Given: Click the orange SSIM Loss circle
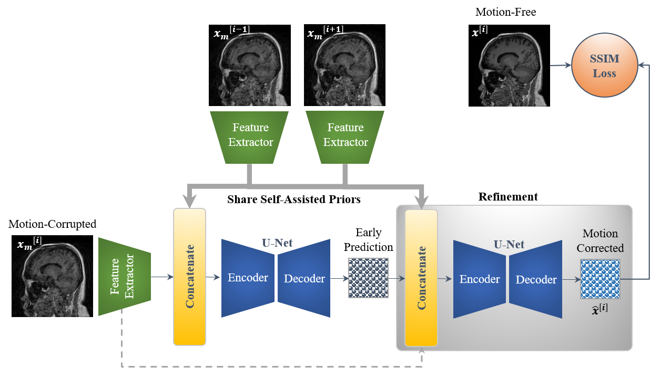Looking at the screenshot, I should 604,66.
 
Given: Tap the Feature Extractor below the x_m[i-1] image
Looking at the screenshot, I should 251,135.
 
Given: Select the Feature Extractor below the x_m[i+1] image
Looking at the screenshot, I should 346,135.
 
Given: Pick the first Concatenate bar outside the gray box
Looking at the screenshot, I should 189,277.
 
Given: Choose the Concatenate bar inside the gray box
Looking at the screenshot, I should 421,278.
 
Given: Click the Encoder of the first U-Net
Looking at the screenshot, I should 248,278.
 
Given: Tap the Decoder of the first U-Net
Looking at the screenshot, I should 304,278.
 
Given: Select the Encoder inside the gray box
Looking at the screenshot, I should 480,279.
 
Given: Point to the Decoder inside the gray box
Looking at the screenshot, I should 536,279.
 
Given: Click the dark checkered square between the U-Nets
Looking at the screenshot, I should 368,278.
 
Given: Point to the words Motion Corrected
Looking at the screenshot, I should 600,240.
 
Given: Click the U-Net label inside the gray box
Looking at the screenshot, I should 509,244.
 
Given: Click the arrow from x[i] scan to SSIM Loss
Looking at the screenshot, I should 560,66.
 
